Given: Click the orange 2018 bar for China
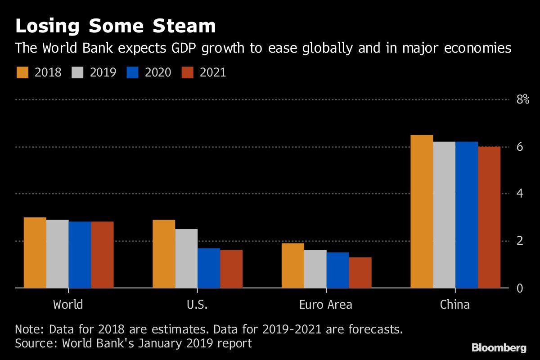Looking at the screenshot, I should (x=422, y=211).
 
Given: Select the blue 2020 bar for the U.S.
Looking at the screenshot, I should (x=209, y=268).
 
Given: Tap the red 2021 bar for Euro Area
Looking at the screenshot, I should (x=360, y=273).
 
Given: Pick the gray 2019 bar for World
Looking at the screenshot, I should (x=58, y=254).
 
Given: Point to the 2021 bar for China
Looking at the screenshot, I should (x=489, y=217).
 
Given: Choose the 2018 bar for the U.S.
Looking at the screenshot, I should (x=164, y=254).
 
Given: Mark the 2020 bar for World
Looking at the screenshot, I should (x=80, y=255).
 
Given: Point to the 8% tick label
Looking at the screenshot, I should (x=522, y=99).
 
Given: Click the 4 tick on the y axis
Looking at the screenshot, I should (x=520, y=194).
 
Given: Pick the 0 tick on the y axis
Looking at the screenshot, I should (x=520, y=288).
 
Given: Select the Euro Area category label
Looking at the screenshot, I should (x=326, y=305).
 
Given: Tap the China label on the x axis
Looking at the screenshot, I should (x=454, y=305).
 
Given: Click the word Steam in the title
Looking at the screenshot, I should (x=184, y=27).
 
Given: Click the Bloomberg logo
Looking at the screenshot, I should (x=499, y=347).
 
